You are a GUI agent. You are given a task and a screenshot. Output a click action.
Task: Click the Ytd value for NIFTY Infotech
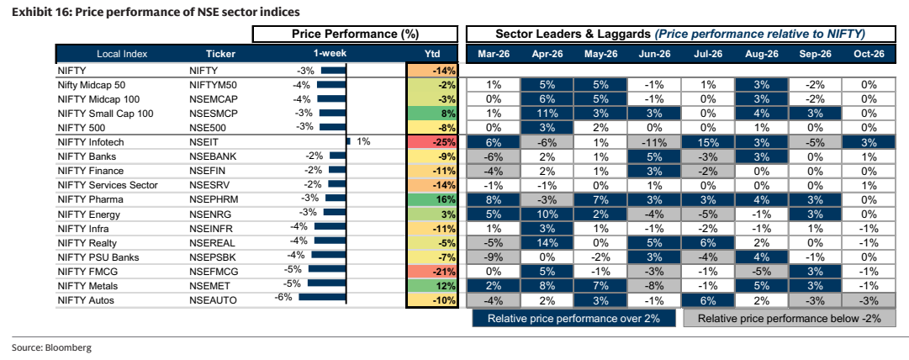(x=432, y=142)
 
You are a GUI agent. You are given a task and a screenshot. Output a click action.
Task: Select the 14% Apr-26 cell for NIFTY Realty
(x=547, y=243)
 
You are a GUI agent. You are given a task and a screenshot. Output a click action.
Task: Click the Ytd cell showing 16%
(x=432, y=199)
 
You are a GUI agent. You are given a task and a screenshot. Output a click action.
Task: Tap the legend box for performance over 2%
(x=573, y=318)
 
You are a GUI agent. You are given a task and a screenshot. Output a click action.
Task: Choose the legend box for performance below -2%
(x=789, y=318)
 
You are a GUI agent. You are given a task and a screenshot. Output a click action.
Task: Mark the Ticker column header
(x=220, y=54)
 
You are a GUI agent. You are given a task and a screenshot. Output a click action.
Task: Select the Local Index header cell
(x=122, y=54)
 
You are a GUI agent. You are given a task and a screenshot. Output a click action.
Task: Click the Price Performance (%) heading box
(x=355, y=34)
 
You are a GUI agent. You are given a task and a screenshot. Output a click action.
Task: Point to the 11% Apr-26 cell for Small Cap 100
(x=547, y=113)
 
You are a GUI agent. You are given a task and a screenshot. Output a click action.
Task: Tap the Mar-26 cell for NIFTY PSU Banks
(x=494, y=257)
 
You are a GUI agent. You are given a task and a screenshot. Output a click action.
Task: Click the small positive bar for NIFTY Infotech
(x=348, y=140)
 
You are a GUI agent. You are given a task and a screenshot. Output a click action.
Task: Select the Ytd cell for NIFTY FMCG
(x=432, y=272)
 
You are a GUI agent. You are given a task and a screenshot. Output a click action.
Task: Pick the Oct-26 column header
(x=869, y=54)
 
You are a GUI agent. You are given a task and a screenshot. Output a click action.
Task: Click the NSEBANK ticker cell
(x=213, y=156)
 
